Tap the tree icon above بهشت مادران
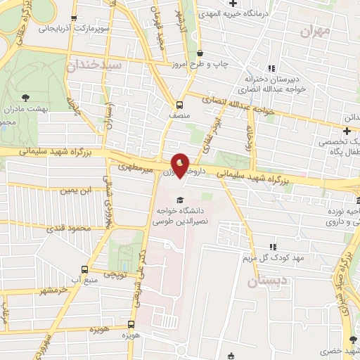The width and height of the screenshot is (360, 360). point(26,98)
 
